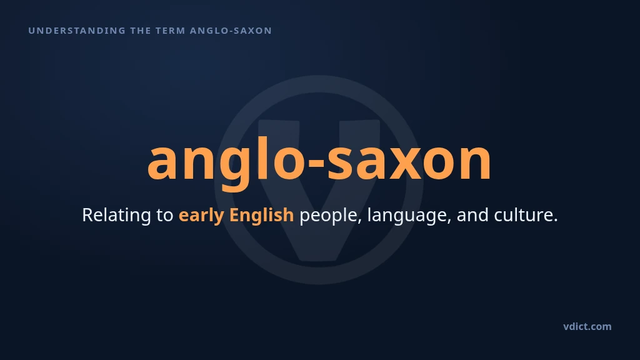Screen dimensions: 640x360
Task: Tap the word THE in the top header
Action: [x=141, y=31]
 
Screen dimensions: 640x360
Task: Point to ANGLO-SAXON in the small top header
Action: [x=231, y=31]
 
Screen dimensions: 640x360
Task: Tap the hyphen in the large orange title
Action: [x=317, y=162]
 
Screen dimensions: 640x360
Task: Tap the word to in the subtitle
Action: [x=165, y=216]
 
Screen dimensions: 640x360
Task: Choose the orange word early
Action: [x=201, y=216]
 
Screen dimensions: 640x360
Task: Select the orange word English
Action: [x=262, y=216]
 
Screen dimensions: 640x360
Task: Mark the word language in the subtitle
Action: [x=409, y=216]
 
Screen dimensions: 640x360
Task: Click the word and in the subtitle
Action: [x=472, y=215]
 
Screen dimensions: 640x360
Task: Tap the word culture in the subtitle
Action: [x=523, y=215]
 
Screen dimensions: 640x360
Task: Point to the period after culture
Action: [x=555, y=221]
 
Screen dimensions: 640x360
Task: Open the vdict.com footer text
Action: [x=587, y=326]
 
